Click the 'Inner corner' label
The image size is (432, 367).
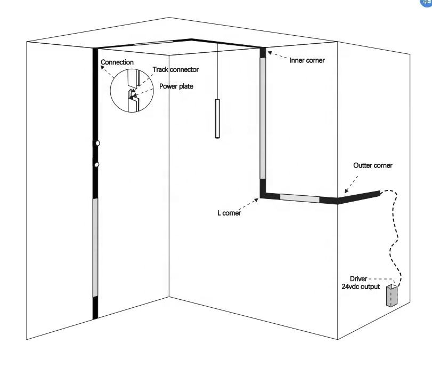click(307, 60)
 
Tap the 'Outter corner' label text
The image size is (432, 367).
click(373, 165)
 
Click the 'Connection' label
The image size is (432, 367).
click(117, 62)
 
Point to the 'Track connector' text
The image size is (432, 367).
click(175, 70)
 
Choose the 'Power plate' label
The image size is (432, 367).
click(176, 86)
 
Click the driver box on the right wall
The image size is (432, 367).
click(392, 296)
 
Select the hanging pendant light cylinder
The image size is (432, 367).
click(217, 118)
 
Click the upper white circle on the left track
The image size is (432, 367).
click(97, 143)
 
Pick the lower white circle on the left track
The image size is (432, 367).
click(96, 165)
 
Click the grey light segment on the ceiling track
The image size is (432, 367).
click(153, 42)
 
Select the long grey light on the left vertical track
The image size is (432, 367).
click(96, 247)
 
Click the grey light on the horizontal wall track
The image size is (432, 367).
click(299, 198)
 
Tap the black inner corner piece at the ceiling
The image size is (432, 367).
click(262, 52)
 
